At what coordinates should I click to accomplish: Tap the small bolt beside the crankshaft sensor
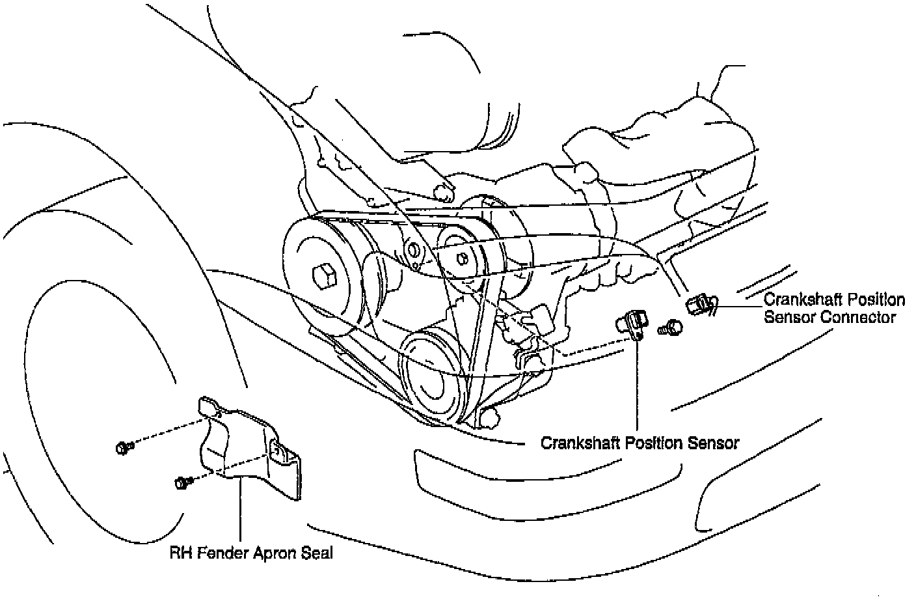pyautogui.click(x=669, y=327)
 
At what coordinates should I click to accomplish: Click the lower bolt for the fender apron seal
pyautogui.click(x=181, y=483)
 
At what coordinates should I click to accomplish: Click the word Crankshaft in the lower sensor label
pyautogui.click(x=580, y=443)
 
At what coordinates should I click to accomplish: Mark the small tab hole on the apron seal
pyautogui.click(x=275, y=449)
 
